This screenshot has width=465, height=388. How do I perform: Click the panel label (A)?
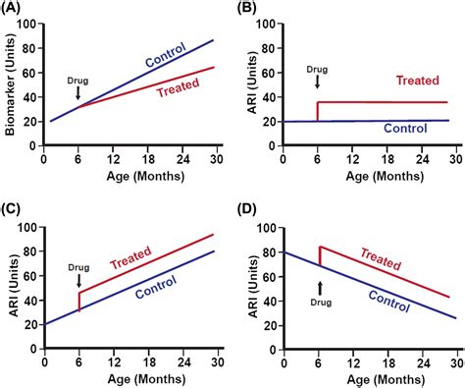16,9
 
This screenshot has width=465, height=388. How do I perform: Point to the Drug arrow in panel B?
316,83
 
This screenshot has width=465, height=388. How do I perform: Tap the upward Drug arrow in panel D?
319,287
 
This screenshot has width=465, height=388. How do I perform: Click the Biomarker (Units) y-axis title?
11,83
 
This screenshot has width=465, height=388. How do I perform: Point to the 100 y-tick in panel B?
278,23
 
